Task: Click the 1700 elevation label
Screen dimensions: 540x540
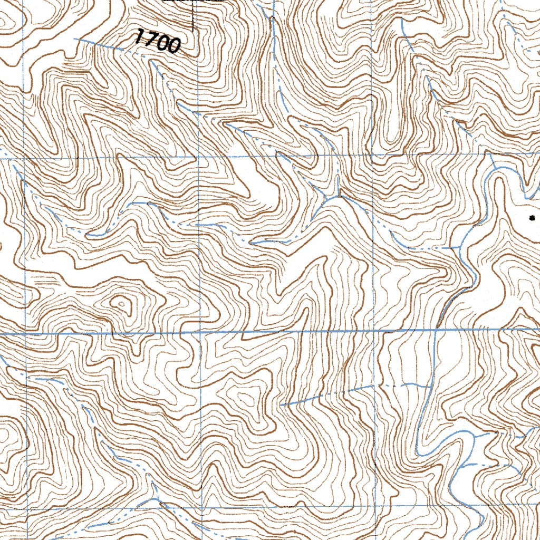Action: (158, 41)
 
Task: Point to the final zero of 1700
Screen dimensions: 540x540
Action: (174, 46)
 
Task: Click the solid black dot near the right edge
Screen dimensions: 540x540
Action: (532, 217)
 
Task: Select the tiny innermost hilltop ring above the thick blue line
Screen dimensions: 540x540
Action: (121, 303)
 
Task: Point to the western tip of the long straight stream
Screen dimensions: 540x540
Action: (282, 405)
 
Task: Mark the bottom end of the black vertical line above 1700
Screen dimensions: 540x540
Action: (192, 29)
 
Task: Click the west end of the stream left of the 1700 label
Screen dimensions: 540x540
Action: (75, 38)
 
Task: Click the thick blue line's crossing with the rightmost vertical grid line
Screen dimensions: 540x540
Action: (374, 331)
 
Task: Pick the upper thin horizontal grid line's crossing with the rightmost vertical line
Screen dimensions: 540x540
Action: (373, 156)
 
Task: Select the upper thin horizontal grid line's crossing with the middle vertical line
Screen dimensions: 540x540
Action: (198, 157)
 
